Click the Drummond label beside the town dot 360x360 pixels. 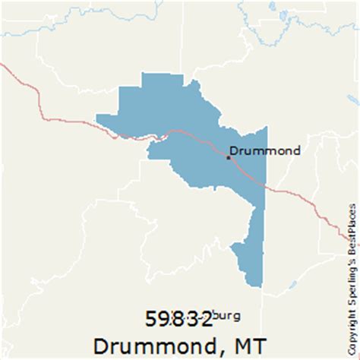tap(265, 150)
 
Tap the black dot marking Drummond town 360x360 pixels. tap(228, 158)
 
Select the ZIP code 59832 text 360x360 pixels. tap(179, 317)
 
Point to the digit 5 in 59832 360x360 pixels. tap(151, 317)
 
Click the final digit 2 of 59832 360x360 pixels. tap(207, 317)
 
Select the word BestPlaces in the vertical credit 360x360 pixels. tap(351, 227)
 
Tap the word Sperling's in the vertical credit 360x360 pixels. tap(351, 280)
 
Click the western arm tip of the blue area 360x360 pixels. tap(102, 118)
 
